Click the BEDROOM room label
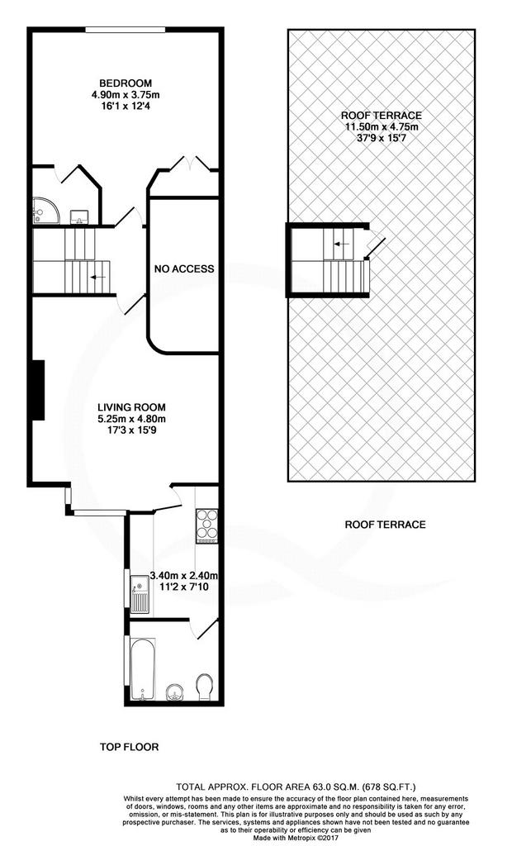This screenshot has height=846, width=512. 126,83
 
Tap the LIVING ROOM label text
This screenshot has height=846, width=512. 131,407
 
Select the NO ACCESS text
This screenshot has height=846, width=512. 184,269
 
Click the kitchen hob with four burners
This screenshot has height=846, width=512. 207,525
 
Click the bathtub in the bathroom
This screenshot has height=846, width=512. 143,668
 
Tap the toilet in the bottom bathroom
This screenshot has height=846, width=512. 205,687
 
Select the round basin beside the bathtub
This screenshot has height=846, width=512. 174,692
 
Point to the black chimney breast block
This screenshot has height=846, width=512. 37,390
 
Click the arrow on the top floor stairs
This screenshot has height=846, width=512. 97,278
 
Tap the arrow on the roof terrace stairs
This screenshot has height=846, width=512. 341,244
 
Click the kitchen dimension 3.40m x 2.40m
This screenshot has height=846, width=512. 183,576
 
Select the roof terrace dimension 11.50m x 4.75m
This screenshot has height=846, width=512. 382,126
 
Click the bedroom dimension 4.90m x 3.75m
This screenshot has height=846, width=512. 126,95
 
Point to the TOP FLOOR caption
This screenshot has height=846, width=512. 130,747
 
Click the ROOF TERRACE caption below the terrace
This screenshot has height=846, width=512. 385,525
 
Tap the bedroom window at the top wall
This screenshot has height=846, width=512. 126,30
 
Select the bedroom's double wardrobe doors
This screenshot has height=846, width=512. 189,164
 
